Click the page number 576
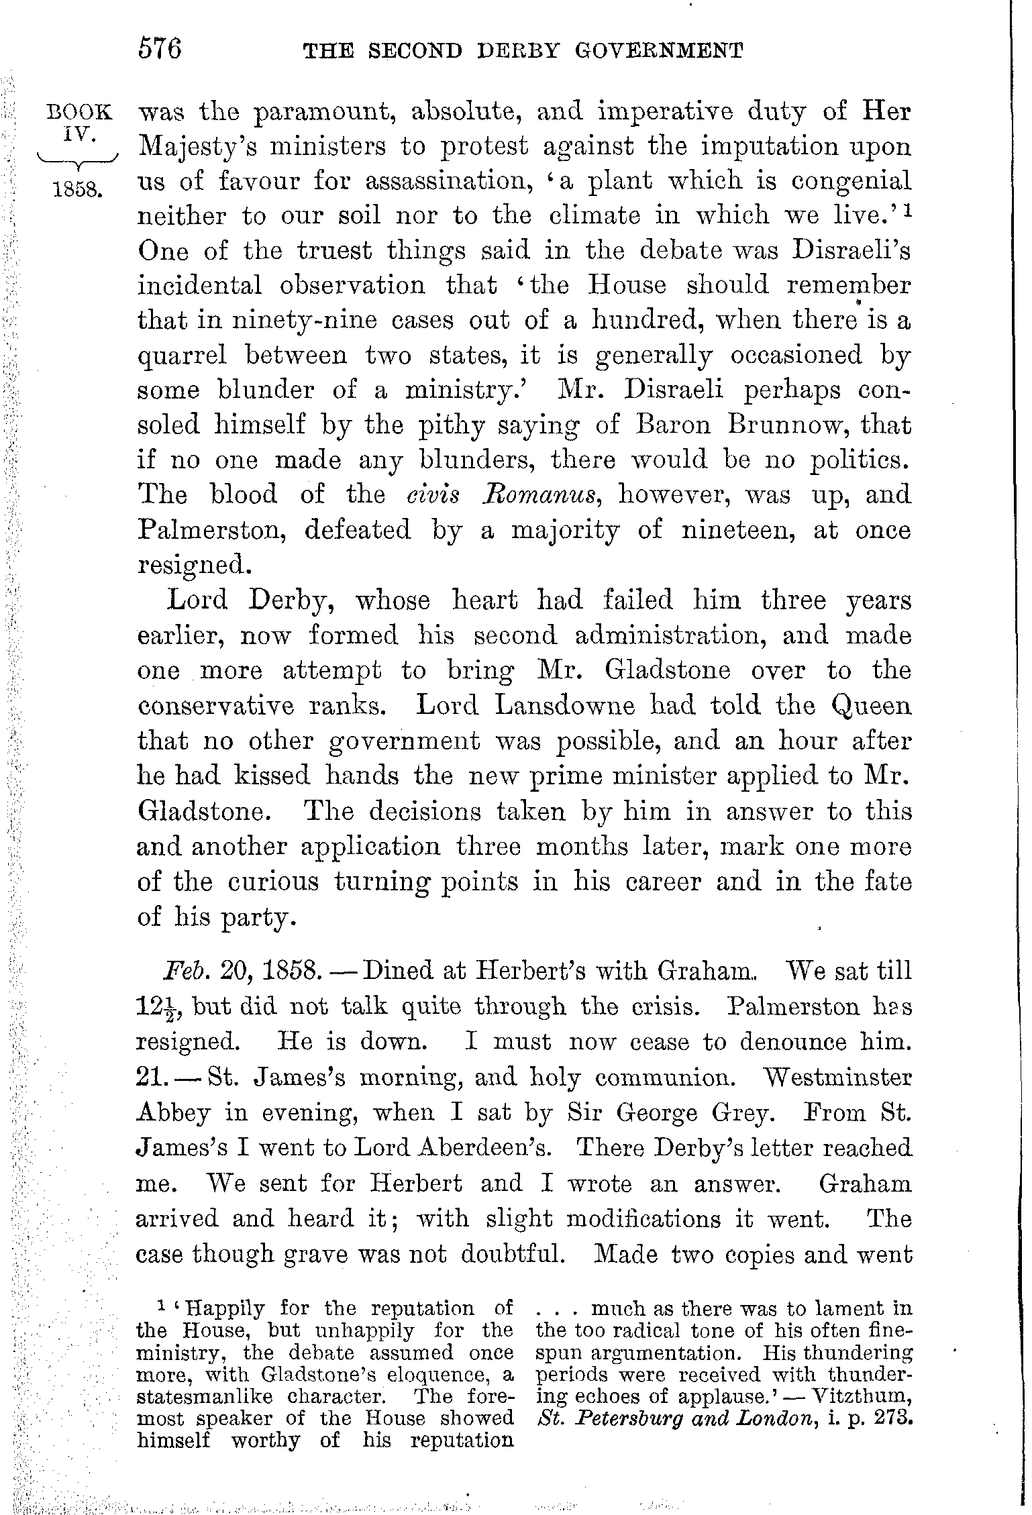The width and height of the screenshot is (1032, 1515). (x=160, y=50)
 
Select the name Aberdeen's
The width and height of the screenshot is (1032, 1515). (x=485, y=1147)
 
